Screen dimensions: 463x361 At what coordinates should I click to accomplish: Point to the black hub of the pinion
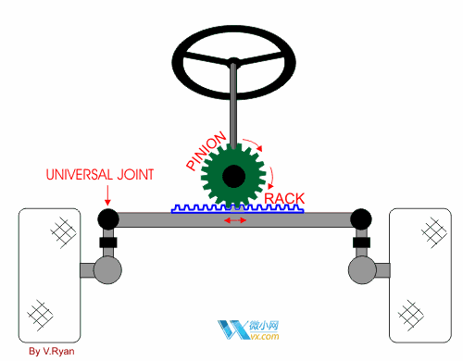pos(233,176)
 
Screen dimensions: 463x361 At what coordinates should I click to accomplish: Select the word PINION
pos(206,151)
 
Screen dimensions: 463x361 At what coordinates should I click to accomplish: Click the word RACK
pos(284,198)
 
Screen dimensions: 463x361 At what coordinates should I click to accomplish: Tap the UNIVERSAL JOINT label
pos(100,175)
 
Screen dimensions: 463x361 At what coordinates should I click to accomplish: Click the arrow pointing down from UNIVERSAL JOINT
pos(107,195)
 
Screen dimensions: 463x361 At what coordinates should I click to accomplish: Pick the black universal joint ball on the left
pos(108,218)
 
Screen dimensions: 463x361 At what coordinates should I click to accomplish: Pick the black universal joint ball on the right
pos(361,218)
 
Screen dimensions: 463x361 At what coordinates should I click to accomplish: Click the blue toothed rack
pos(237,209)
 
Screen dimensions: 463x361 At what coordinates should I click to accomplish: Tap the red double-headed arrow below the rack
pos(235,220)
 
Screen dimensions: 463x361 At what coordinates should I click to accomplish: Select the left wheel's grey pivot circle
pos(107,270)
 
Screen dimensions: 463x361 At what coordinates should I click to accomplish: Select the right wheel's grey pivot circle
pos(362,270)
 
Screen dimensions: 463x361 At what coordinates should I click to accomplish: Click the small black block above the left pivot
pos(108,243)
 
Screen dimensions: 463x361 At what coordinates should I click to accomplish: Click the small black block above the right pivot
pos(361,243)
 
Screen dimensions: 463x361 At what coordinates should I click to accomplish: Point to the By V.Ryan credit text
pos(52,352)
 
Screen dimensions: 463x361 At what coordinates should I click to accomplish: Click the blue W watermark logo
pos(233,330)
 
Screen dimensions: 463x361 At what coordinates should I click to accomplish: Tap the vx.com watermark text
pos(265,336)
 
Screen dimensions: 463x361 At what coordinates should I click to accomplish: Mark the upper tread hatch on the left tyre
pos(63,233)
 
